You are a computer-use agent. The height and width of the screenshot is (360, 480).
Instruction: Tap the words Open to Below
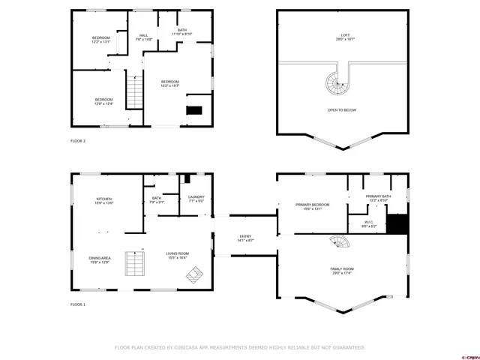(342, 110)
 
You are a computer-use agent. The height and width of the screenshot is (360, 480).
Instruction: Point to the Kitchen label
(103, 200)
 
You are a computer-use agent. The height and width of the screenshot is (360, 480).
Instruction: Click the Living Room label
(178, 256)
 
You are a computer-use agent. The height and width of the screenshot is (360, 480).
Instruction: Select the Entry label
(246, 238)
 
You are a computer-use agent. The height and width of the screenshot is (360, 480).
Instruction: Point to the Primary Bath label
(376, 198)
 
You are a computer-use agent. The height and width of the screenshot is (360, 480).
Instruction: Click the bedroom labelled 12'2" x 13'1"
(101, 40)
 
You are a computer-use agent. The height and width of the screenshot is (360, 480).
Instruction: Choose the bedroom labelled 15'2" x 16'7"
(169, 83)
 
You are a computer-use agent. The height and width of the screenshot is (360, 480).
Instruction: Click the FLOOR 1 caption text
(78, 304)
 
